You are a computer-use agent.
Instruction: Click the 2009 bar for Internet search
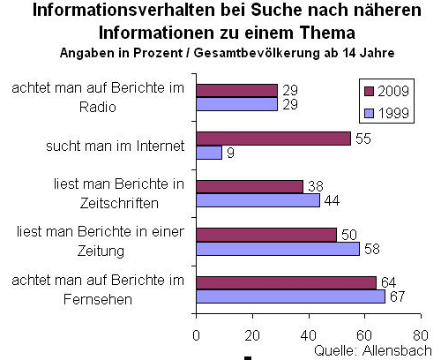pos(273,139)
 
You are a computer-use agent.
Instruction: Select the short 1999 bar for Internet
pos(208,152)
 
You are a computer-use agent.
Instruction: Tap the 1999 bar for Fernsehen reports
pos(290,296)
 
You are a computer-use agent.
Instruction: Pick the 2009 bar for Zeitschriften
pos(249,186)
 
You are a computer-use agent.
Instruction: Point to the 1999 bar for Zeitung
pos(278,248)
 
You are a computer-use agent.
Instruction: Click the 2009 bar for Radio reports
pos(236,91)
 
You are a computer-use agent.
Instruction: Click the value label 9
pos(228,153)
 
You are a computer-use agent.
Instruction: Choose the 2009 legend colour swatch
pos(370,91)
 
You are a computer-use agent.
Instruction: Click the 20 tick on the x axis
pos(252,335)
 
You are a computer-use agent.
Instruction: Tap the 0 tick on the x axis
pos(196,335)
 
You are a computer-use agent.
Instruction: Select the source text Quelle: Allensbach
pos(372,350)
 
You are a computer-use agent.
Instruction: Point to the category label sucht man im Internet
pos(123,146)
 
